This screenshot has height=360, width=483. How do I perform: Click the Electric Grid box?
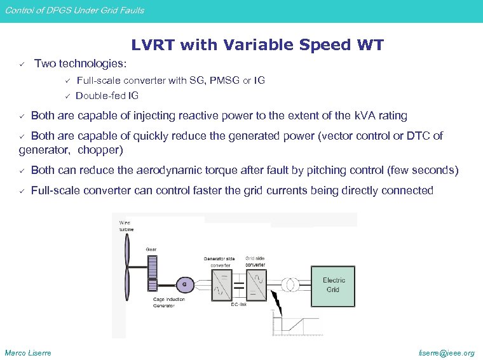pyautogui.click(x=334, y=284)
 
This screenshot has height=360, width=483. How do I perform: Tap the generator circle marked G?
pyautogui.click(x=185, y=283)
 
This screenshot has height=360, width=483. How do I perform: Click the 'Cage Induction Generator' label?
pyautogui.click(x=168, y=302)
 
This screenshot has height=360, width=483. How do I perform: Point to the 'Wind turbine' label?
pyautogui.click(x=126, y=225)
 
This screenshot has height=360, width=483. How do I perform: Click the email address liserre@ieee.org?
pyautogui.click(x=446, y=353)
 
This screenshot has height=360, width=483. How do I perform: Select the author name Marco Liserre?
pyautogui.click(x=28, y=353)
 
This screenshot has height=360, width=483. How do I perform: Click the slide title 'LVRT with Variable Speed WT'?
pyautogui.click(x=257, y=45)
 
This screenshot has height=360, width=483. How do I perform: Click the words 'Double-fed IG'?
pyautogui.click(x=107, y=96)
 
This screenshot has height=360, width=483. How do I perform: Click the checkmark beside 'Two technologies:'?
pyautogui.click(x=21, y=64)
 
